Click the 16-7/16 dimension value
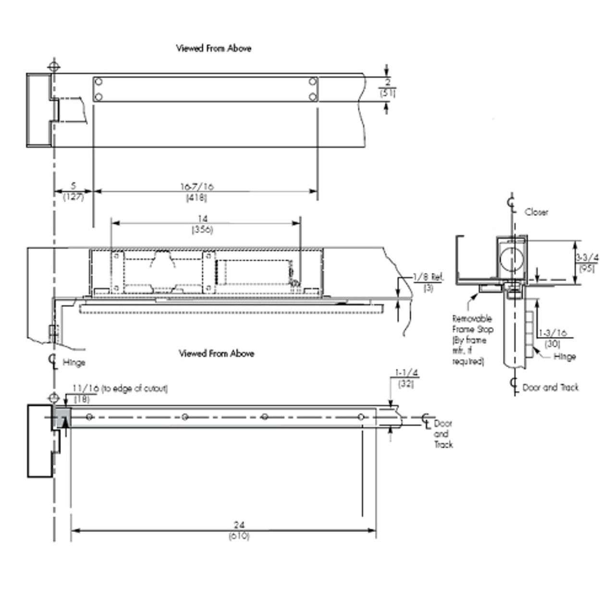click(197, 187)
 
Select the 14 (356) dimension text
click(202, 224)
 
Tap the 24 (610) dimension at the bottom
click(239, 530)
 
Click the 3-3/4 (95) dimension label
click(587, 263)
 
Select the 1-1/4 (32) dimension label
click(406, 378)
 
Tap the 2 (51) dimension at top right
click(388, 87)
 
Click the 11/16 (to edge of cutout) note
click(120, 389)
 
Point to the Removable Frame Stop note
click(472, 339)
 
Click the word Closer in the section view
click(536, 212)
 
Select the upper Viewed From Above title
click(213, 48)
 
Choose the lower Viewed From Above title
click(216, 354)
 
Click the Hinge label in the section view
click(565, 357)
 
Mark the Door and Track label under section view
click(550, 387)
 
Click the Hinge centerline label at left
click(74, 363)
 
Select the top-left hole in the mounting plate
click(98, 81)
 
